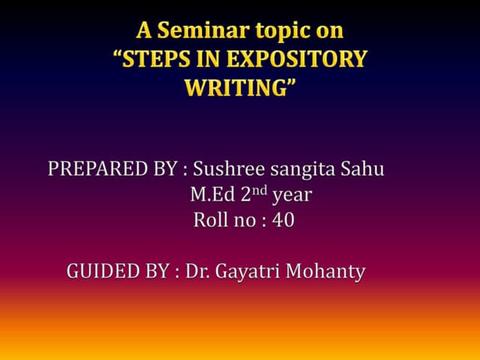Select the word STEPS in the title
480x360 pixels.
(165, 59)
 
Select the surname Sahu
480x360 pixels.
(361, 169)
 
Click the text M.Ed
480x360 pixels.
(211, 195)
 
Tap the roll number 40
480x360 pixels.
(283, 221)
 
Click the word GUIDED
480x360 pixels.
(101, 271)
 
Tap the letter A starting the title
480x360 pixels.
(143, 31)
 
